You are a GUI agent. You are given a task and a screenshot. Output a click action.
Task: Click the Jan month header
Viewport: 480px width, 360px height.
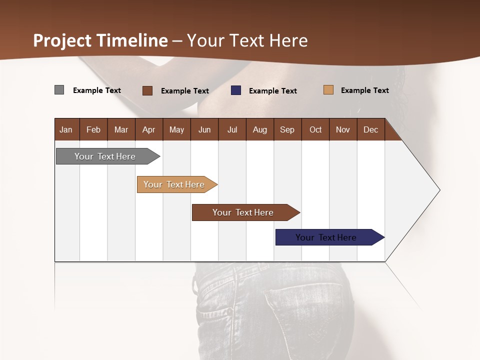click(x=66, y=129)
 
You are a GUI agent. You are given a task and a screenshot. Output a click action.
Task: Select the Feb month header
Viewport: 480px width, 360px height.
click(x=93, y=129)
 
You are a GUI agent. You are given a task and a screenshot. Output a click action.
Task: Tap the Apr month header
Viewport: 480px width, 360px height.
click(x=148, y=129)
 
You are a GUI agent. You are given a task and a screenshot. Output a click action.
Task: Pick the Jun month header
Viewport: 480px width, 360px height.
click(x=204, y=129)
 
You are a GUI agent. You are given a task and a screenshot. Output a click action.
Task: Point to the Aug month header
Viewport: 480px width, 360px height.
click(x=259, y=129)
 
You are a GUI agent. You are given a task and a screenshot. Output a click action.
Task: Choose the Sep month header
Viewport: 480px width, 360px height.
click(x=287, y=129)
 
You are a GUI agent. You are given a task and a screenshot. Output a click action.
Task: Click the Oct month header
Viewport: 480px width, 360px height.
click(x=315, y=129)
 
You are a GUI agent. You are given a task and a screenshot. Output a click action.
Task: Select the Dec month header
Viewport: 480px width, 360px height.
click(x=370, y=129)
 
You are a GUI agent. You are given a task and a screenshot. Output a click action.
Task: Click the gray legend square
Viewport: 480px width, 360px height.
click(x=59, y=90)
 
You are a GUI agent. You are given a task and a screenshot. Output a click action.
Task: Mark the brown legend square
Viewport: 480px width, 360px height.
click(x=147, y=90)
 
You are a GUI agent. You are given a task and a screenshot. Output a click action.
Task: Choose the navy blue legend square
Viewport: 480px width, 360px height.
click(x=236, y=90)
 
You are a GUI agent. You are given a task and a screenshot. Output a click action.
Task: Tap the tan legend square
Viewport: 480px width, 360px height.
click(x=328, y=90)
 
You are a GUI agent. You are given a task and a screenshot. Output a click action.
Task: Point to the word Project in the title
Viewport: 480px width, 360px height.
click(x=63, y=40)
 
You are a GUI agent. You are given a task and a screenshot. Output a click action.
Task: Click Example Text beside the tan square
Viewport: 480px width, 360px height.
click(x=364, y=90)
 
